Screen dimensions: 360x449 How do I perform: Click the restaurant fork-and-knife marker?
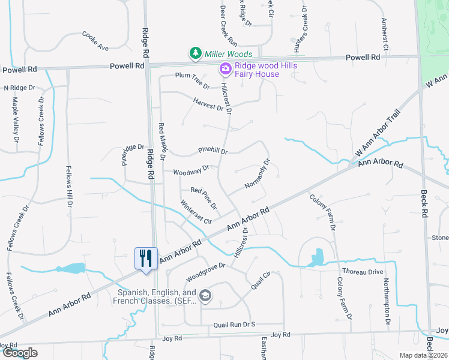point(146,259)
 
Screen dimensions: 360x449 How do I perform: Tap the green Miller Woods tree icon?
point(195,54)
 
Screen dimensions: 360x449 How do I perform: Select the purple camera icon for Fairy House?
point(225,69)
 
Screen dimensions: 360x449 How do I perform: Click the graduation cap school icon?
point(206,295)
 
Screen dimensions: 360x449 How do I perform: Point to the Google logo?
point(20,353)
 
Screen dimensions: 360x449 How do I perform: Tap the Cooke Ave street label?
point(95,41)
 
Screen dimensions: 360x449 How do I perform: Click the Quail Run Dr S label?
point(234,325)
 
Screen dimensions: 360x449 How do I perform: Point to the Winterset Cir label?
point(196,212)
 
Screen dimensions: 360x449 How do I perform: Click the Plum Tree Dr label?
point(192,80)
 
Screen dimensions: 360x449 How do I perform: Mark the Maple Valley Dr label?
point(14,121)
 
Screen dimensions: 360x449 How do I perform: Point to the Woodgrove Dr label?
point(205,272)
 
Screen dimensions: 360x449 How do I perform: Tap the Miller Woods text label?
point(228,54)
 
